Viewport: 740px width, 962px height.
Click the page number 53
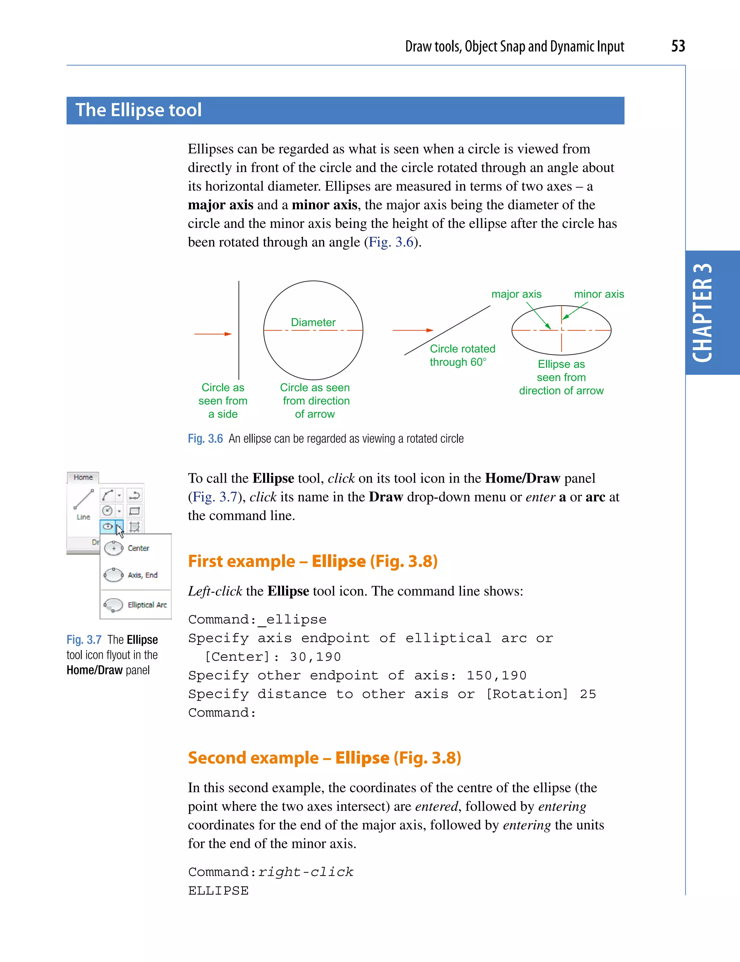pos(678,46)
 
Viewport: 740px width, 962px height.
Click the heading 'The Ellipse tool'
pos(138,110)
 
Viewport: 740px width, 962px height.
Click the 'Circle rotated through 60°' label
pos(462,355)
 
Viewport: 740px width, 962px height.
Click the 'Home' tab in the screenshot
pos(83,477)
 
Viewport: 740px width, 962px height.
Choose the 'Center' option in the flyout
pos(138,548)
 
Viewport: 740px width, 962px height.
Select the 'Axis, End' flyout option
pos(142,575)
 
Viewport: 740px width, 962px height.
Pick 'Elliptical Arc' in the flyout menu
pos(147,605)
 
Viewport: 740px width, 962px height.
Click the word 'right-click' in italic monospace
pos(306,872)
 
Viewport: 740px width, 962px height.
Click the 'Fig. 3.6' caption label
pos(205,439)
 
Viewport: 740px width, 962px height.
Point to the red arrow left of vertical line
pos(213,334)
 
